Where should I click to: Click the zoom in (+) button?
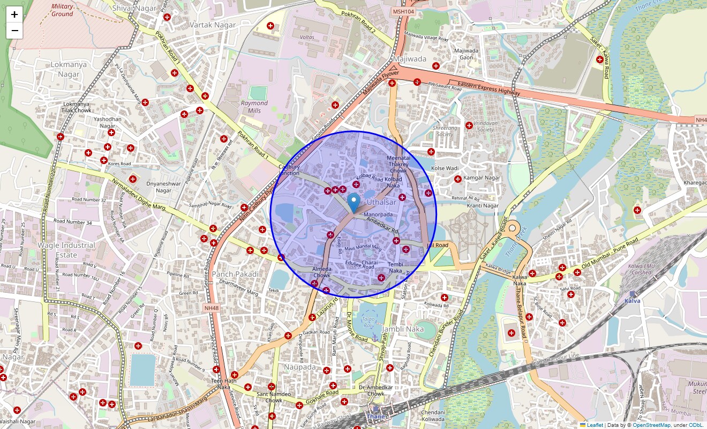coord(14,14)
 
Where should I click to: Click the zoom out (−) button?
coord(14,31)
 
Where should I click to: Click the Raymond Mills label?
coord(254,107)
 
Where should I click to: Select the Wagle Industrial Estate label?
coord(66,250)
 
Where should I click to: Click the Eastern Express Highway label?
coord(488,89)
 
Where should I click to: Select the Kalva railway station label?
coord(632,301)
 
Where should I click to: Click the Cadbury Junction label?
coord(289,170)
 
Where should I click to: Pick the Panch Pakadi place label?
coord(235,274)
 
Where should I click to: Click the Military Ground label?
coord(62,10)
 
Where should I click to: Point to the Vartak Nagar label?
coord(213,25)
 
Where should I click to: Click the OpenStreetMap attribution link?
coord(651,425)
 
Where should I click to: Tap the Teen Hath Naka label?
coord(224,383)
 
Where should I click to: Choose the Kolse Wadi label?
coord(445,168)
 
